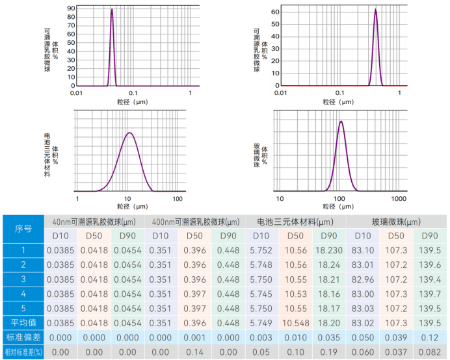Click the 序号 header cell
click(23, 228)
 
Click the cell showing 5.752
click(261, 250)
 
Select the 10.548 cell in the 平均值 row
click(295, 323)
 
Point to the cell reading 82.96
click(363, 279)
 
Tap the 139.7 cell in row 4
click(430, 294)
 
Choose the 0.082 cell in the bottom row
click(430, 352)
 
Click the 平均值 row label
click(23, 323)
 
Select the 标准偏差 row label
click(23, 337)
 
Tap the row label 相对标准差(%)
click(23, 352)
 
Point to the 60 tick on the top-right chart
click(276, 12)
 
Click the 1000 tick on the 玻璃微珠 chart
click(398, 198)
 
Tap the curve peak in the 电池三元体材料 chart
click(129, 133)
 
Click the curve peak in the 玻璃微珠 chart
click(340, 121)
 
